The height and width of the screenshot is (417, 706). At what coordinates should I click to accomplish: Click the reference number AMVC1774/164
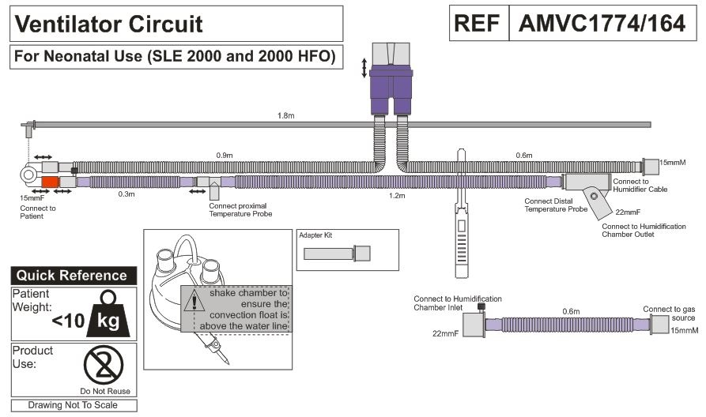click(x=602, y=24)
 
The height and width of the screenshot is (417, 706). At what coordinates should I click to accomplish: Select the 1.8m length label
click(x=285, y=115)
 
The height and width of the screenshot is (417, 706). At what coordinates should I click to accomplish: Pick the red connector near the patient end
click(x=49, y=182)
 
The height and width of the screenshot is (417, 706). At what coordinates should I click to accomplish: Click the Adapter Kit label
click(x=316, y=235)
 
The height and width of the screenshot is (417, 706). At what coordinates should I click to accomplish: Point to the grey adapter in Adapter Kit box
click(x=338, y=254)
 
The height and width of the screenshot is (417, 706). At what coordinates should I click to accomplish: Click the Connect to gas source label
click(x=669, y=313)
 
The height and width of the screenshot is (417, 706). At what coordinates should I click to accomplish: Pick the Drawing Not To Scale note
click(x=72, y=405)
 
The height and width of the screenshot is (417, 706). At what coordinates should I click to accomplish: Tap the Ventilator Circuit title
click(x=109, y=24)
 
